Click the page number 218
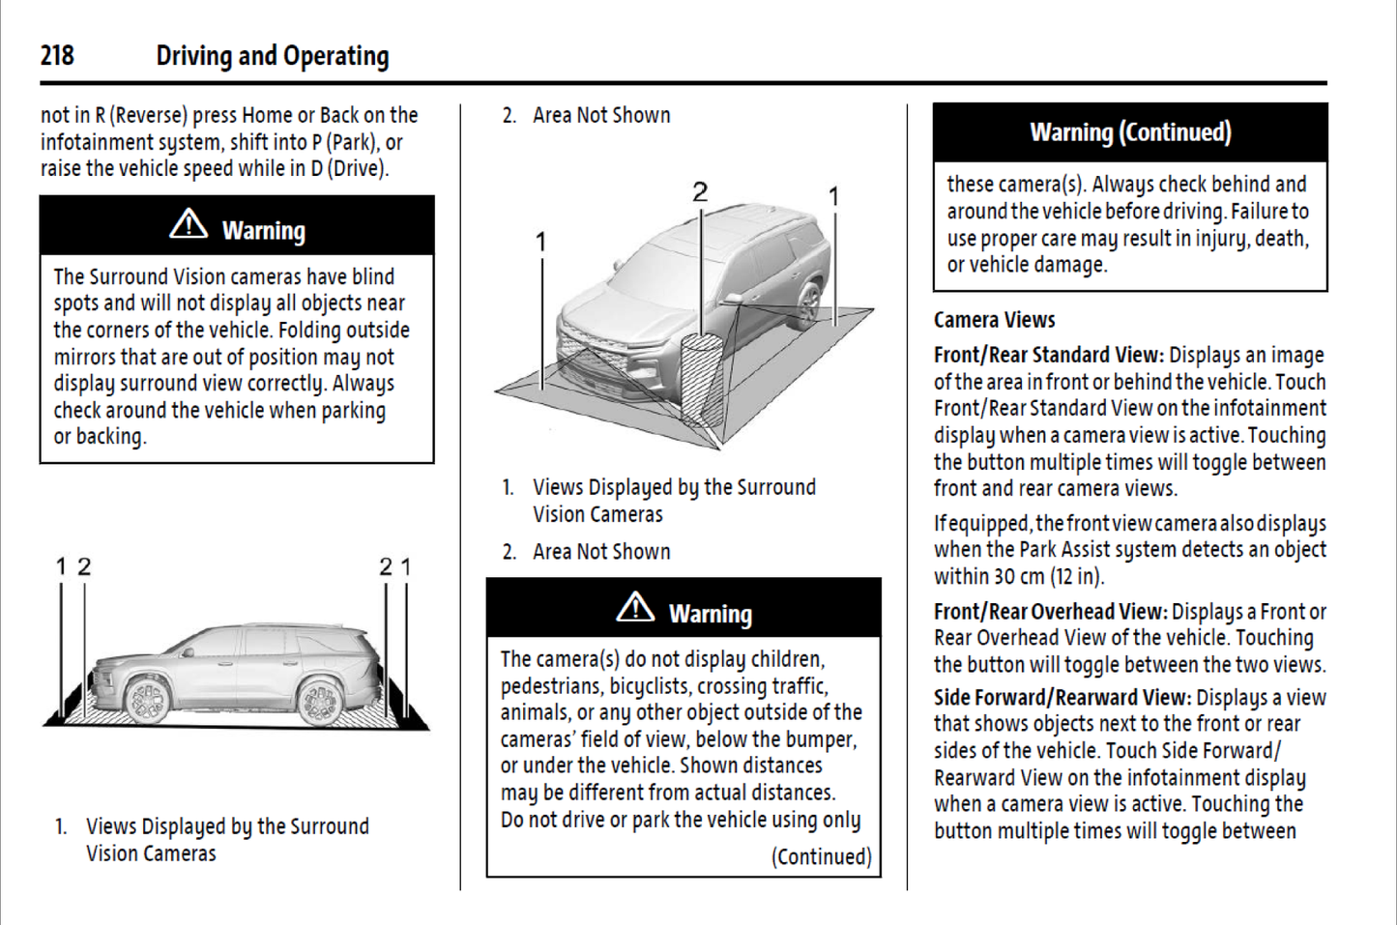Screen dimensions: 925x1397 pyautogui.click(x=57, y=56)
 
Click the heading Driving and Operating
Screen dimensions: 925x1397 pyautogui.click(x=272, y=56)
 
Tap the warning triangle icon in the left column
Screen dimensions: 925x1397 pyautogui.click(x=189, y=225)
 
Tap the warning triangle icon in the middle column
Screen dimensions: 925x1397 pyautogui.click(x=635, y=608)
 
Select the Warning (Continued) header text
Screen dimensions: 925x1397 pyautogui.click(x=1130, y=132)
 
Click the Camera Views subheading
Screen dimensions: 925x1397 pyautogui.click(x=994, y=320)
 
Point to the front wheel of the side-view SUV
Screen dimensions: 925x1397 pyautogui.click(x=147, y=697)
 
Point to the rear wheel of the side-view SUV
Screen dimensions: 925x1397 pyautogui.click(x=319, y=697)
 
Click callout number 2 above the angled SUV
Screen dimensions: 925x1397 pyautogui.click(x=700, y=192)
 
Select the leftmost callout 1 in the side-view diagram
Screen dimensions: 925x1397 pyautogui.click(x=61, y=566)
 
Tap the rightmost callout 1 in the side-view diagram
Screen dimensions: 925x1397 pyautogui.click(x=406, y=566)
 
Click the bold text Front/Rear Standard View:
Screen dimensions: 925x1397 pyautogui.click(x=1048, y=355)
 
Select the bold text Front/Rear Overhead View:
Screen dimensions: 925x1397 pyautogui.click(x=1050, y=612)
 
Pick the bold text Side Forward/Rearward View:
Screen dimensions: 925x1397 pyautogui.click(x=1062, y=697)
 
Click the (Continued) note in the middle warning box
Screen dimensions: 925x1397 pyautogui.click(x=821, y=857)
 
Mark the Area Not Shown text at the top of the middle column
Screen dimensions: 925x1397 pyautogui.click(x=600, y=116)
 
